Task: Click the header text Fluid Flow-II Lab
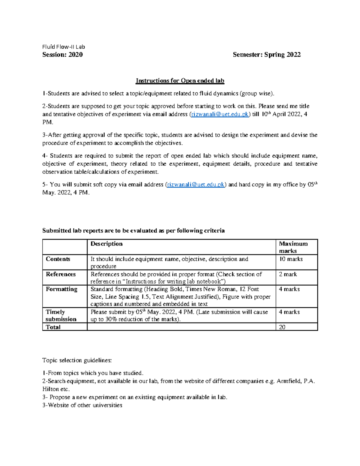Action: (64, 47)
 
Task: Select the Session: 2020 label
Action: (62, 55)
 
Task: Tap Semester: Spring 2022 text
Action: (267, 55)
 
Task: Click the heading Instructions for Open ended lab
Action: (180, 81)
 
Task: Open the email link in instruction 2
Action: (220, 114)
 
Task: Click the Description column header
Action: (106, 244)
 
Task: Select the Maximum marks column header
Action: (293, 247)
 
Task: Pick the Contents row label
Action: (58, 259)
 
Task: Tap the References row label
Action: (61, 274)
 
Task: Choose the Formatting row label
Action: (61, 289)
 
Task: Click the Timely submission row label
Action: (61, 315)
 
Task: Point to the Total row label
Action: (53, 327)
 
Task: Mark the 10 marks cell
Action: (291, 259)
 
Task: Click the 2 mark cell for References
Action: (288, 274)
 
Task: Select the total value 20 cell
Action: (282, 327)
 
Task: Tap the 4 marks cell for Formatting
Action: (289, 289)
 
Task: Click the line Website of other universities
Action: (82, 405)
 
